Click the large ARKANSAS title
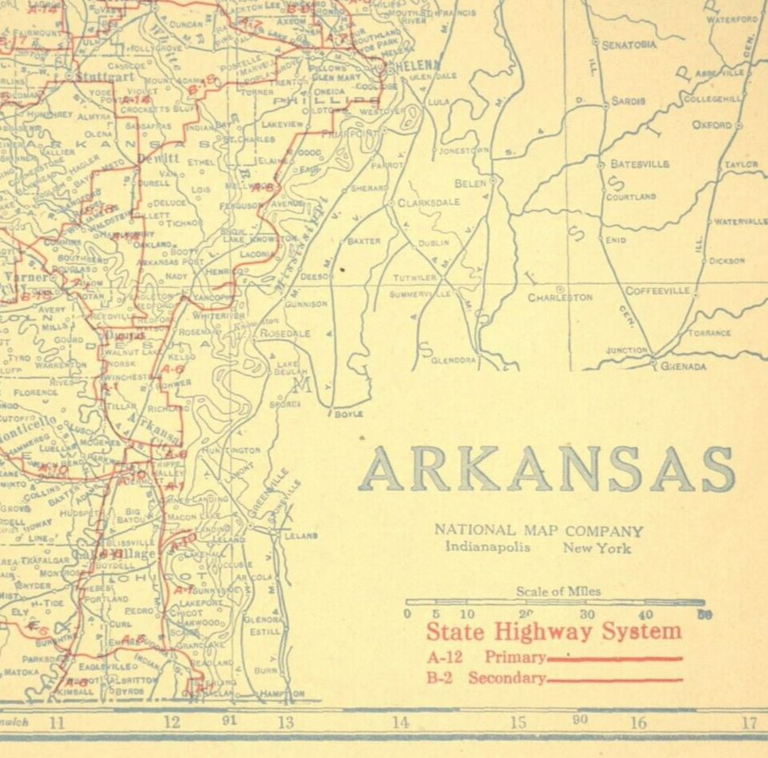click(545, 469)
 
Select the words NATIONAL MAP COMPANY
click(538, 531)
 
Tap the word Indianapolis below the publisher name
click(487, 547)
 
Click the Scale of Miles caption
click(558, 591)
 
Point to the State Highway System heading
click(553, 632)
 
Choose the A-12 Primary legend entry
click(486, 658)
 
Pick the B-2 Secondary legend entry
click(486, 678)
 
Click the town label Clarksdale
click(429, 202)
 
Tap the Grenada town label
click(683, 367)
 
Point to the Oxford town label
click(712, 125)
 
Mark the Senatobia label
click(629, 45)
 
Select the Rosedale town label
click(285, 333)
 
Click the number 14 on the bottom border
click(400, 723)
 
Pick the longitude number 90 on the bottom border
click(580, 720)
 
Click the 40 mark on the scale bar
click(646, 614)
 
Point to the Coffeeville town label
click(657, 290)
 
